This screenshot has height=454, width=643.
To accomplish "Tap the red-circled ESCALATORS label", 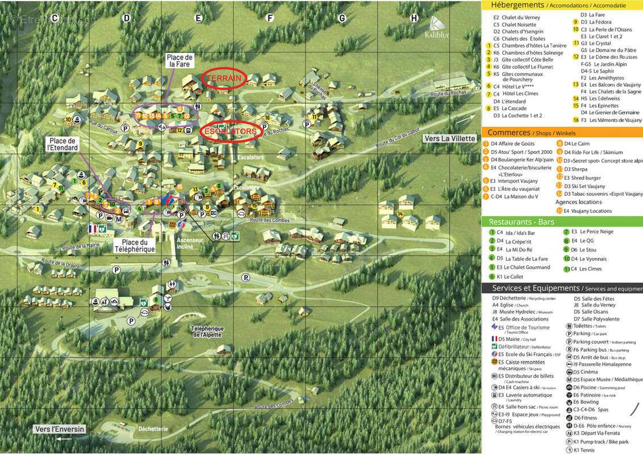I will coord(230,131).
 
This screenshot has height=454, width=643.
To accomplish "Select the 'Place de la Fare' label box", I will coord(179,61).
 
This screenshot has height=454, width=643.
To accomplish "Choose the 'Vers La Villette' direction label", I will coord(450,139).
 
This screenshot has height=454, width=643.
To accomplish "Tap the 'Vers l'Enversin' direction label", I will coord(59,429).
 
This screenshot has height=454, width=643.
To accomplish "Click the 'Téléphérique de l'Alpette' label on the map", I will coord(207,332).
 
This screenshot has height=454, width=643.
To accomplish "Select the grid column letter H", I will coord(414,18).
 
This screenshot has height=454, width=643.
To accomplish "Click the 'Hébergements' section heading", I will coord(517,5).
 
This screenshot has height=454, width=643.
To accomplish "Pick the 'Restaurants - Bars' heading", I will coord(521,222).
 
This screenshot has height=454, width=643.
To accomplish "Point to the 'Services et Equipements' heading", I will coord(536,288).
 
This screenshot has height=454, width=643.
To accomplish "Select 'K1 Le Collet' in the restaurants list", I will coord(510,277).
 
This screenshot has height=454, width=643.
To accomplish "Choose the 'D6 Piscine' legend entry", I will coord(585,387).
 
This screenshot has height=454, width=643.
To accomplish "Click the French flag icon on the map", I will coord(93,229).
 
